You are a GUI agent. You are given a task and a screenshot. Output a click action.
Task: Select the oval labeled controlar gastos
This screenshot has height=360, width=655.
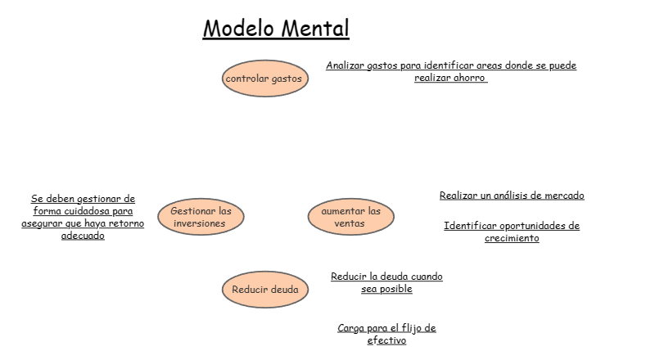click(x=264, y=79)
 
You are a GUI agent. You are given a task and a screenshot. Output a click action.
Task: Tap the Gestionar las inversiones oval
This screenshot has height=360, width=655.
click(x=201, y=217)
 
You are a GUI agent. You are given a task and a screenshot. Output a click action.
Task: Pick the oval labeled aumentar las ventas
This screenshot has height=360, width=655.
click(x=350, y=217)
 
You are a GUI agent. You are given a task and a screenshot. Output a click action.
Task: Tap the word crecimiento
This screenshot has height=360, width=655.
click(x=512, y=238)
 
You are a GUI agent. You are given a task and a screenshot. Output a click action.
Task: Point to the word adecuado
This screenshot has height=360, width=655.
click(x=83, y=236)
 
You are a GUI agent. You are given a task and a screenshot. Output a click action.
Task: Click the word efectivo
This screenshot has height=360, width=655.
click(x=386, y=340)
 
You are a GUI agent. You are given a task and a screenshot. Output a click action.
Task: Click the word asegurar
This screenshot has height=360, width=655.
click(x=42, y=223)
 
